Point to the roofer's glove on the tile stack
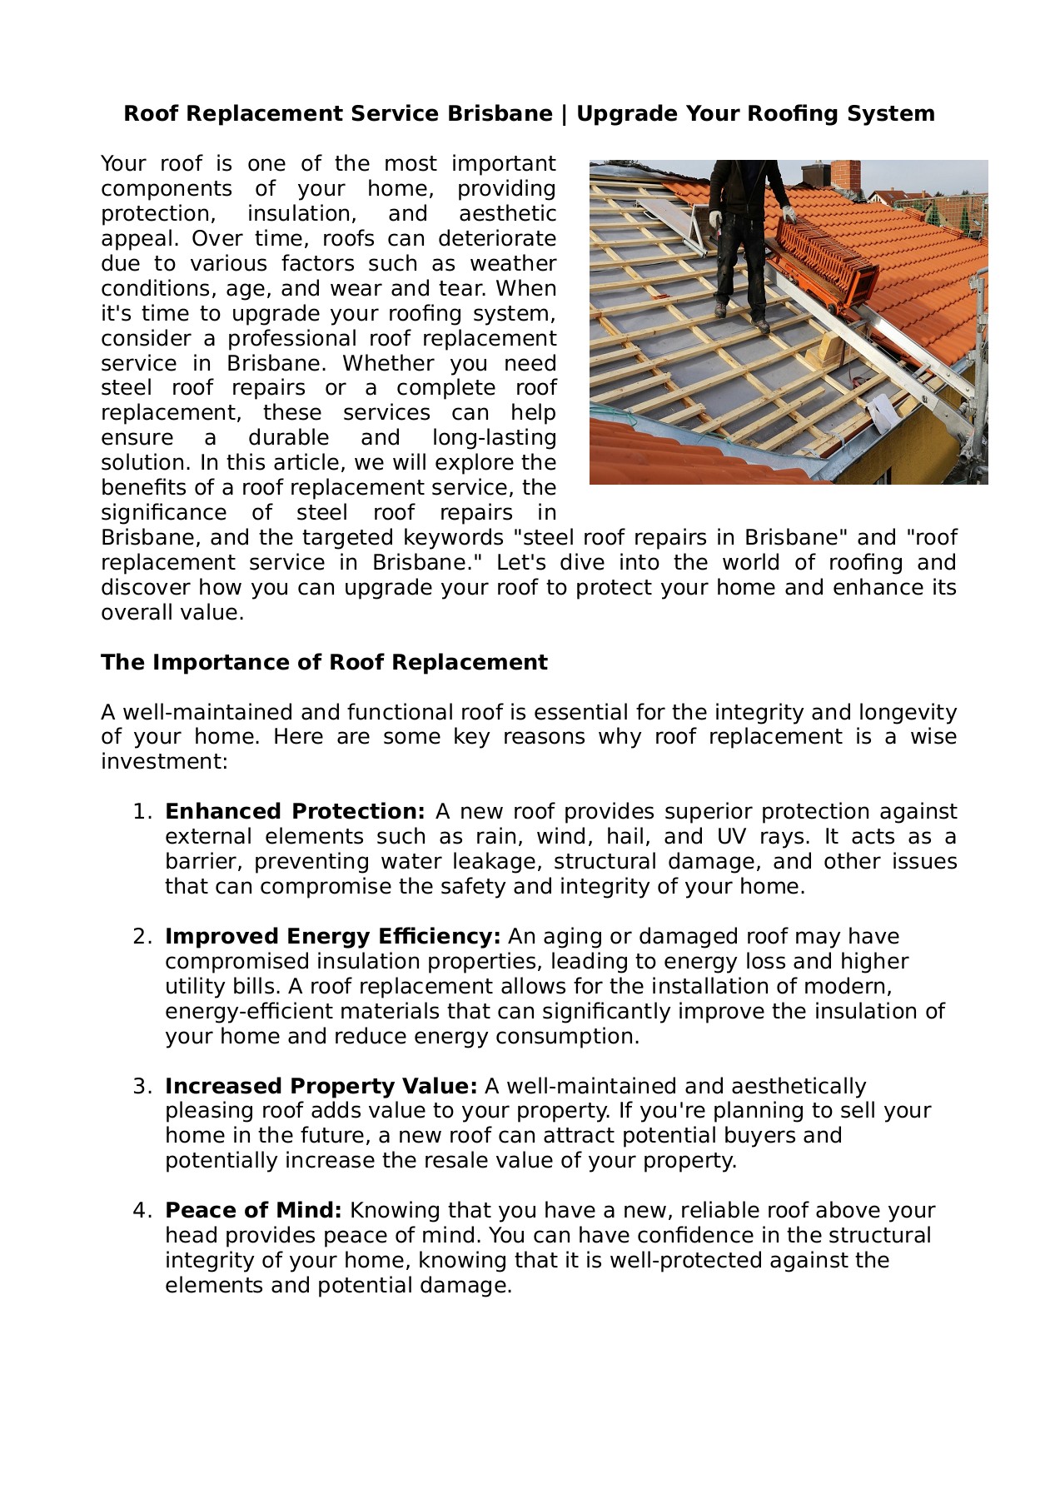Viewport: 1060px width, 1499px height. click(x=788, y=214)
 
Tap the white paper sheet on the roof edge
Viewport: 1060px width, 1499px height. click(x=880, y=413)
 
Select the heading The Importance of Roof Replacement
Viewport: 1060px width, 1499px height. click(x=324, y=662)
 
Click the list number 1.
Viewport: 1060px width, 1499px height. click(x=142, y=812)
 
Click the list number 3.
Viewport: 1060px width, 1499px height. click(x=142, y=1087)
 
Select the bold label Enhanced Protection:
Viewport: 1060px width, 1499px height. click(x=295, y=812)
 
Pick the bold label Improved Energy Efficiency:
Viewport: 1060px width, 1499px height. click(x=332, y=937)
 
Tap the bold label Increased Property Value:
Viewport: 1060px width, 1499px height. click(x=321, y=1087)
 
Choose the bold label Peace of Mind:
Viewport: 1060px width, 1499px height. click(x=253, y=1211)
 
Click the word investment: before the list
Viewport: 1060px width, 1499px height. click(x=164, y=762)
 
